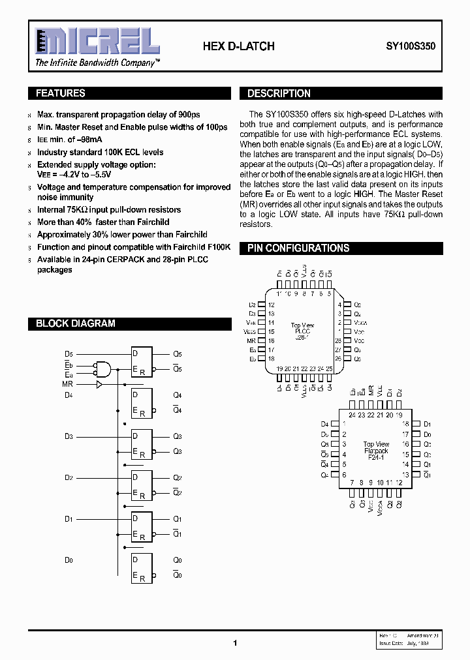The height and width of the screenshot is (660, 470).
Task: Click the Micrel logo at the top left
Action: point(97,42)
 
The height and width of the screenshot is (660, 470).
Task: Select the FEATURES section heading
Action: point(61,93)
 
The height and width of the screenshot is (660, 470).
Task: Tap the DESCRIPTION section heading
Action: point(279,93)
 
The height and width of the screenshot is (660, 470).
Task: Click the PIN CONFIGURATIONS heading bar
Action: point(298,248)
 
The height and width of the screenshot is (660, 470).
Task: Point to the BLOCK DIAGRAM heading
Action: point(75,323)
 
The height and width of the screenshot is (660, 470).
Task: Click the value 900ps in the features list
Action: point(186,115)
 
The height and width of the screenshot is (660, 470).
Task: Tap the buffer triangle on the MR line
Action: point(99,385)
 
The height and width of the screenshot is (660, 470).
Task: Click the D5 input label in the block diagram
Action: point(69,354)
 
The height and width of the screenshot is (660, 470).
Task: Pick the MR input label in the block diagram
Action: point(68,385)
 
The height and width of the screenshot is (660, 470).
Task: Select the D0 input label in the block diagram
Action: point(69,560)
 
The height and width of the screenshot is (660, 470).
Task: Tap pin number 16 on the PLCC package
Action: point(272,340)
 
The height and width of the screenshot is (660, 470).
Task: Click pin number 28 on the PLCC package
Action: point(338,340)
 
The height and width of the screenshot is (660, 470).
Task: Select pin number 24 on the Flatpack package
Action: point(352,415)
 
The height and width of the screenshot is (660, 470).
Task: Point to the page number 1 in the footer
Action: point(234,643)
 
